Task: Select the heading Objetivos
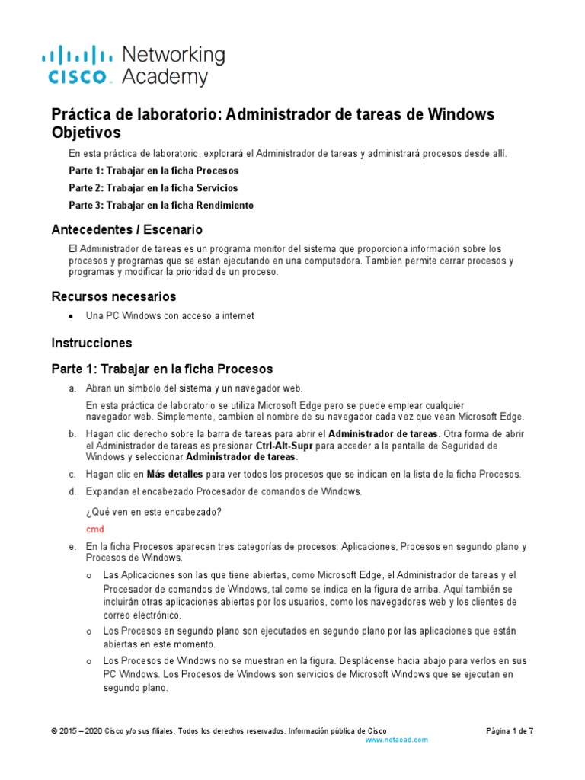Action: pos(85,133)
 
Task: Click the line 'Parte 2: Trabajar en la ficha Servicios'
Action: pos(153,187)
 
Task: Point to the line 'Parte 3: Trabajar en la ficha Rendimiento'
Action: pos(161,206)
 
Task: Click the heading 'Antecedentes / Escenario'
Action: pos(126,229)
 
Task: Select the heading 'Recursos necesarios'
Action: pos(113,296)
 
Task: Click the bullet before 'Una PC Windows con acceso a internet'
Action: pos(71,316)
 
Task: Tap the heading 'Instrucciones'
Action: pos(91,343)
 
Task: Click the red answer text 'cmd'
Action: pos(94,529)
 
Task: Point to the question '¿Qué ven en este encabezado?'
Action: pos(154,512)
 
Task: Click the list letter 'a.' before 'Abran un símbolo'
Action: pos(72,388)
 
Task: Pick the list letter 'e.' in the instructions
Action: pos(72,547)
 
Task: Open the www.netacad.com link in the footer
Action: pos(397,740)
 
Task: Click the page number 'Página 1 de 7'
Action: pos(510,730)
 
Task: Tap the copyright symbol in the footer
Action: pos(54,730)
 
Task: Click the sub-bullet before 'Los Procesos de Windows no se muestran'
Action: pos(89,660)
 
